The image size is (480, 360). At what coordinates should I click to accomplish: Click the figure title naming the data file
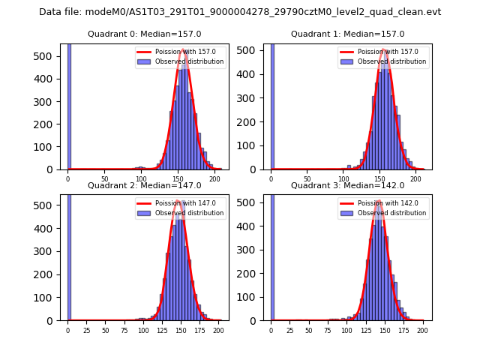pos(240,12)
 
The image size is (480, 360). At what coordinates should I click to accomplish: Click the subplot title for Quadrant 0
pos(144,34)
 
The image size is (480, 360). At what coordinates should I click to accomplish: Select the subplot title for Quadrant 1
pos(347,34)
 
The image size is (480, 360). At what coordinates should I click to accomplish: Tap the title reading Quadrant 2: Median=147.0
pos(144,185)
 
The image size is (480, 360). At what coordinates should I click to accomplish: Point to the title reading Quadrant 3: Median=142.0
pos(347,185)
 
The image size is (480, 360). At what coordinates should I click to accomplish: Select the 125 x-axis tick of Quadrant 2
pos(161,331)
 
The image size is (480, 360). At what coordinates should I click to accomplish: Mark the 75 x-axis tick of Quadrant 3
pos(328,331)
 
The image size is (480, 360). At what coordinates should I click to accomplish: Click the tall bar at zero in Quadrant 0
pos(68,105)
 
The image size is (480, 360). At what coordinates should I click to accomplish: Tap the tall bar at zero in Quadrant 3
pos(271,255)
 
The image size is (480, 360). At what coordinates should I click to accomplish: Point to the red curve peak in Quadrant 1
pos(383,49)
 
